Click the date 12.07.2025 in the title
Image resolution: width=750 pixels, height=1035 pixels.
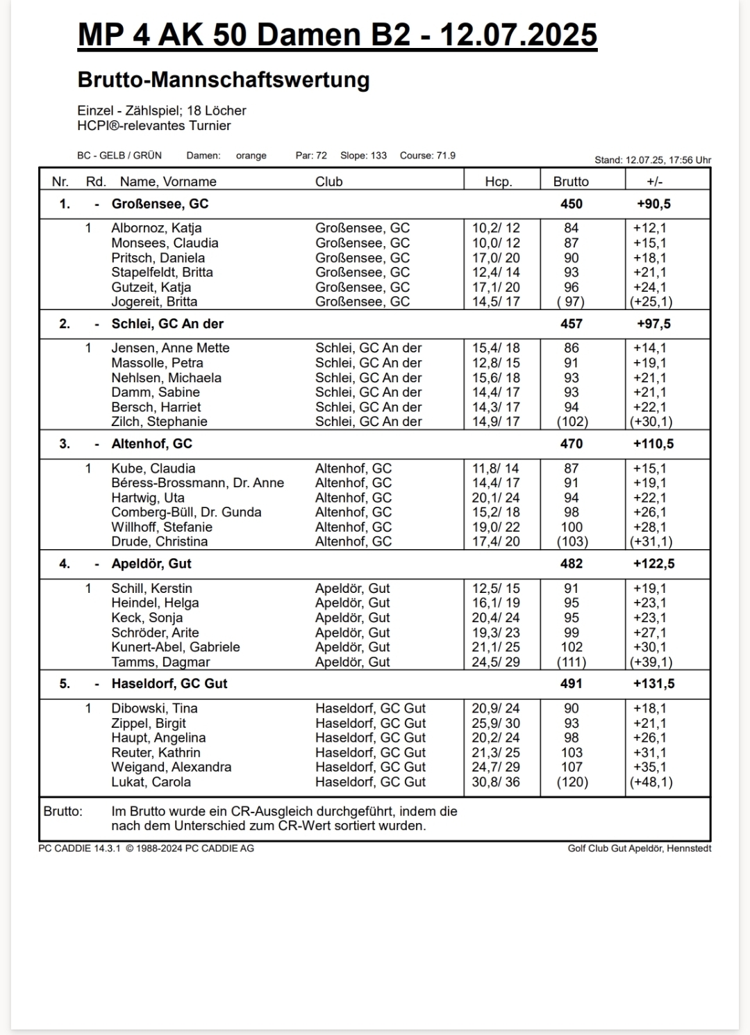(518, 35)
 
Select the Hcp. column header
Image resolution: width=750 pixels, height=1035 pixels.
(498, 181)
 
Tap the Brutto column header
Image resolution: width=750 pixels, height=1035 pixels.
(571, 181)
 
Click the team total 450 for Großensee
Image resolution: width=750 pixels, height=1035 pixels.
(572, 204)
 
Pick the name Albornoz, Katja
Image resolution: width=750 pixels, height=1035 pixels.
(156, 228)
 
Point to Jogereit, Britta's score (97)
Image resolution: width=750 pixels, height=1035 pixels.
(571, 302)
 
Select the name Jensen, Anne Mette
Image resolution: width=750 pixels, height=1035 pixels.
(170, 348)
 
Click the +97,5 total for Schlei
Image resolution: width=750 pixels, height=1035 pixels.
(653, 324)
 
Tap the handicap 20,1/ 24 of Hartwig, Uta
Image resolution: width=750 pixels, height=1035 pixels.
(496, 498)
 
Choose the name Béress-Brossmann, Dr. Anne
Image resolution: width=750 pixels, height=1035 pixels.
(197, 483)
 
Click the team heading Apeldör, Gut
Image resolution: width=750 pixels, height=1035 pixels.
(151, 564)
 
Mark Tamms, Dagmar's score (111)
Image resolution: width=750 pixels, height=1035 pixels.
(572, 662)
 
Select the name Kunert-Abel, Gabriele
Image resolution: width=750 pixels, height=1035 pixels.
(176, 647)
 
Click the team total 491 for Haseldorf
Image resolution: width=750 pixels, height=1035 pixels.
(572, 684)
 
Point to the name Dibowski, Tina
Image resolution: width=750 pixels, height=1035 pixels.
(154, 708)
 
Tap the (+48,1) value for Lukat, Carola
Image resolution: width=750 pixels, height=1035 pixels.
(651, 782)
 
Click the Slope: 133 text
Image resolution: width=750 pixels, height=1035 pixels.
(363, 156)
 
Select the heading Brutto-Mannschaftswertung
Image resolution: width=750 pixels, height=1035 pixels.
(224, 80)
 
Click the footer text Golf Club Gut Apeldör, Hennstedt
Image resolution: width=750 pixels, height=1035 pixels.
(639, 848)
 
